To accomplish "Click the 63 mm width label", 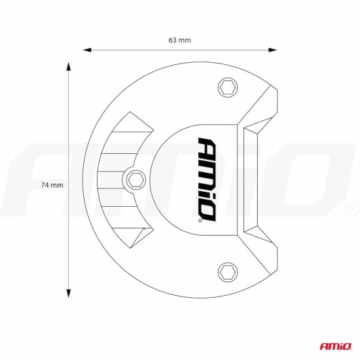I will click(x=179, y=40).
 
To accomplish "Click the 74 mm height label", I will click(x=52, y=185).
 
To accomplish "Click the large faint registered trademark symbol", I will click(x=351, y=210).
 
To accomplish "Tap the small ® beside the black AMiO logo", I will click(x=199, y=222).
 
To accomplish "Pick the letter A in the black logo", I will click(x=205, y=146).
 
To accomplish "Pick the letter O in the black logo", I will click(x=205, y=210).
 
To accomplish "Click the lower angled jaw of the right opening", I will click(x=262, y=252).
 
